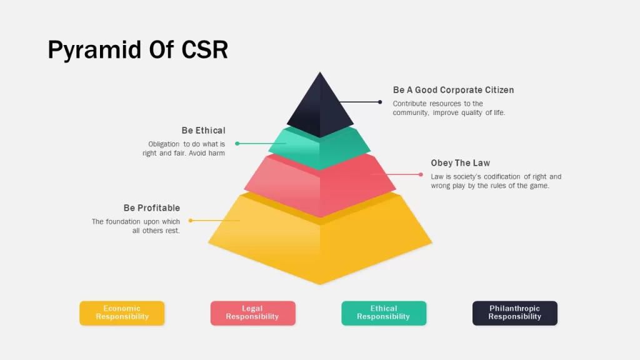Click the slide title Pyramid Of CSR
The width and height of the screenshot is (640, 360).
pyautogui.click(x=138, y=50)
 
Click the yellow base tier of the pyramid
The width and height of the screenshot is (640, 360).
pyautogui.click(x=320, y=241)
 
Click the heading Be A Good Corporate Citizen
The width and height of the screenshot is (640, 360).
pyautogui.click(x=453, y=90)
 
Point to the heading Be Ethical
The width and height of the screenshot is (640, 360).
pyautogui.click(x=203, y=131)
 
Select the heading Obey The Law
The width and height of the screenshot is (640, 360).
pyautogui.click(x=461, y=163)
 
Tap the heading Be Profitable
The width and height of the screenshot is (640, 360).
pyautogui.click(x=151, y=207)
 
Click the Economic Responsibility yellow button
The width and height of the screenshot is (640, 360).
pyautogui.click(x=122, y=313)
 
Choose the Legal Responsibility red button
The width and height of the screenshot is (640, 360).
pyautogui.click(x=253, y=313)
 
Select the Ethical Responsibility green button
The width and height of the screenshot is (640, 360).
pyautogui.click(x=384, y=313)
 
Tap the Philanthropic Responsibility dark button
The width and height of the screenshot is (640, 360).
pyautogui.click(x=515, y=313)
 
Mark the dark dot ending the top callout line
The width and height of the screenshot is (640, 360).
pyautogui.click(x=380, y=102)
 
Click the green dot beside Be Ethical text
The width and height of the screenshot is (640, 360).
pyautogui.click(x=237, y=144)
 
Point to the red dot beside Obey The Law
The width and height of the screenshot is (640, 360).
pyautogui.click(x=421, y=175)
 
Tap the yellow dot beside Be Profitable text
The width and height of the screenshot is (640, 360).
pyautogui.click(x=191, y=221)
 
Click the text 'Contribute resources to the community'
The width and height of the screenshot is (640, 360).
pyautogui.click(x=449, y=108)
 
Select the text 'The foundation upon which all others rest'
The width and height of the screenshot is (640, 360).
pyautogui.click(x=136, y=226)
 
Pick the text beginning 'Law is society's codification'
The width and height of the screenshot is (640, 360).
pyautogui.click(x=496, y=181)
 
